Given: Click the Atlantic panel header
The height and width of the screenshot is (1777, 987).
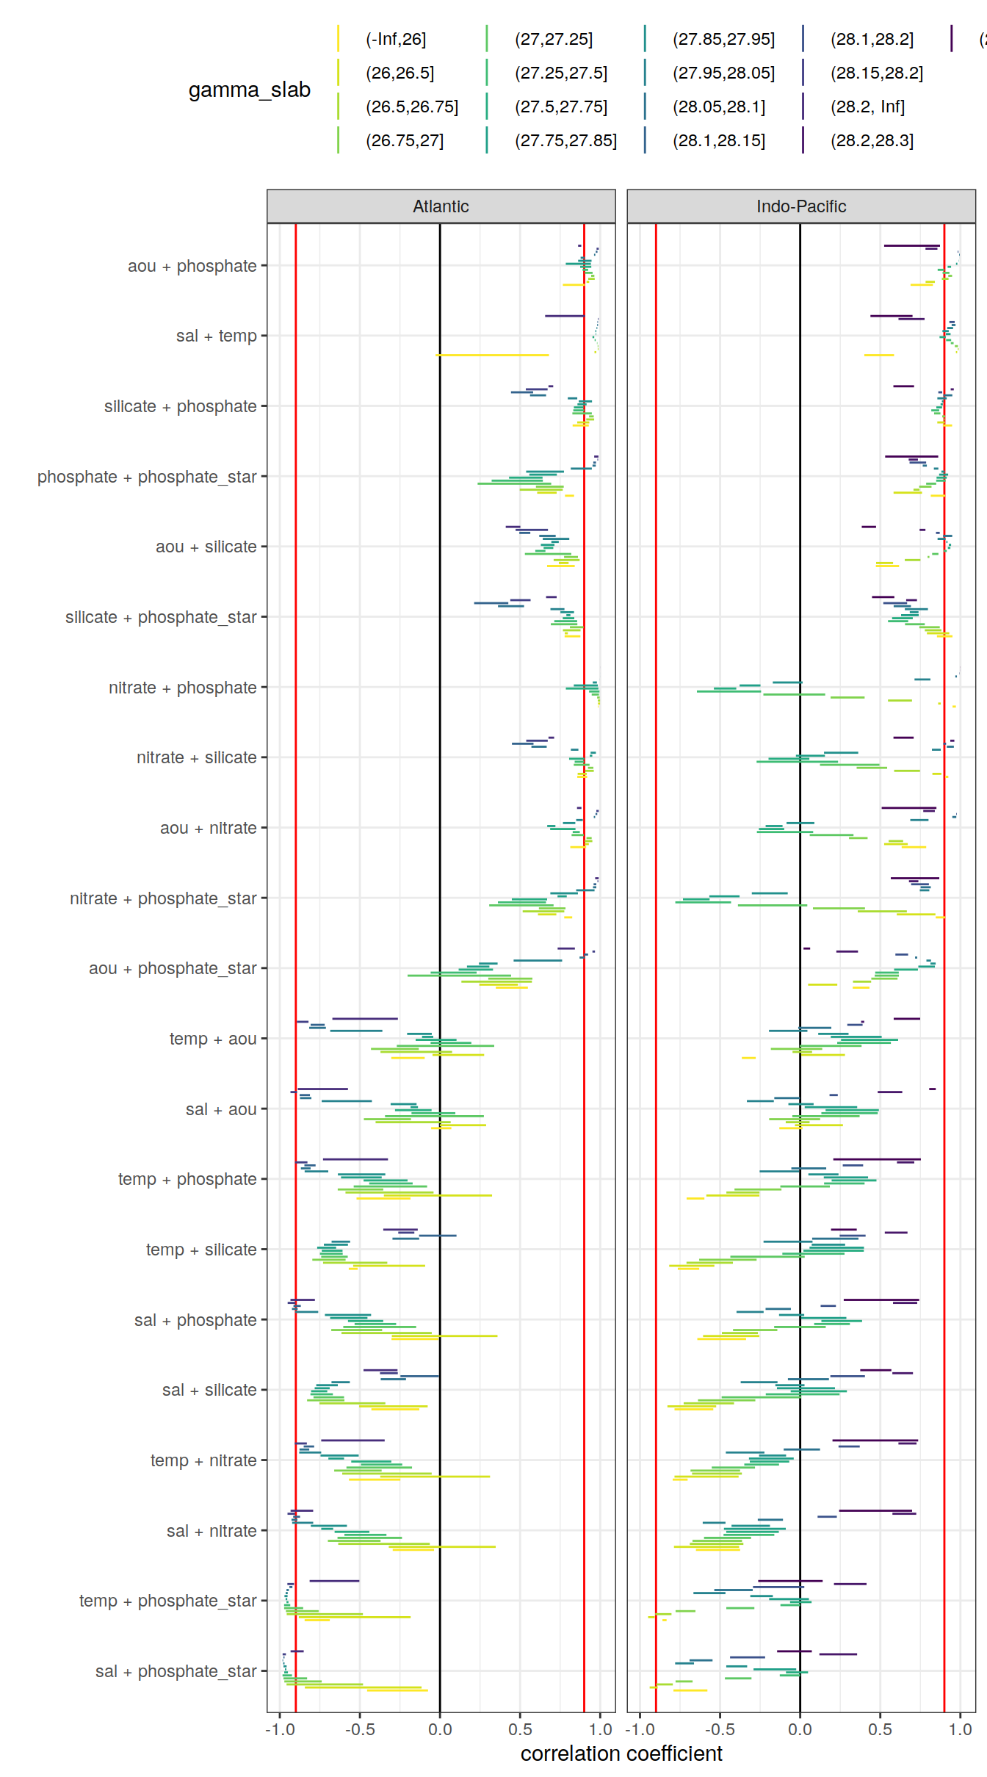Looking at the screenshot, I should click(441, 206).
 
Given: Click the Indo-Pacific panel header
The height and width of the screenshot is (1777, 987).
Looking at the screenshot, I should click(800, 206).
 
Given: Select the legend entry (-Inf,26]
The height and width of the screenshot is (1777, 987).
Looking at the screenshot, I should click(396, 39).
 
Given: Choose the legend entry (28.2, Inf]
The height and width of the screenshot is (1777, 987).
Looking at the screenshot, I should click(867, 107).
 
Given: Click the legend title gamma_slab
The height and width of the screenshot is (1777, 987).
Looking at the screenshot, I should click(249, 90).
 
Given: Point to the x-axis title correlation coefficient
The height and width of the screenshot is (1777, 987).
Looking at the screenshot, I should click(621, 1753).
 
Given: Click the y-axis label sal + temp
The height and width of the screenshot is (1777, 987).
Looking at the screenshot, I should click(216, 336).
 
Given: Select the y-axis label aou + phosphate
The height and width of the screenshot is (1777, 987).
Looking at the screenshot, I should click(192, 266).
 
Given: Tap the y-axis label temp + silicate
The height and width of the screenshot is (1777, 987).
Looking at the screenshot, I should click(200, 1250).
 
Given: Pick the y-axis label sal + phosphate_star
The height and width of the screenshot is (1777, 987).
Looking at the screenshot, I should click(176, 1671).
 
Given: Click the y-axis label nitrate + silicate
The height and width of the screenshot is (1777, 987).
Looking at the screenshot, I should click(196, 757).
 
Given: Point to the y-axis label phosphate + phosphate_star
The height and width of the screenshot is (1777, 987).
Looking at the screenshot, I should click(147, 477).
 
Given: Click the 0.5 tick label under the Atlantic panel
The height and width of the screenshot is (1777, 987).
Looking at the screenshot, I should click(520, 1729).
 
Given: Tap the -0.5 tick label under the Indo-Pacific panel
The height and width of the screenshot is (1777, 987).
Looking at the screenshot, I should click(720, 1729).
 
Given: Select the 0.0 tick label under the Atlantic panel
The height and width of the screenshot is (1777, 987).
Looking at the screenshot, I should click(440, 1729).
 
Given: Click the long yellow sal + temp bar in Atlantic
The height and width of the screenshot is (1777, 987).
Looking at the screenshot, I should click(492, 355).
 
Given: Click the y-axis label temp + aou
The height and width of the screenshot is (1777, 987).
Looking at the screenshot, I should click(212, 1039).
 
